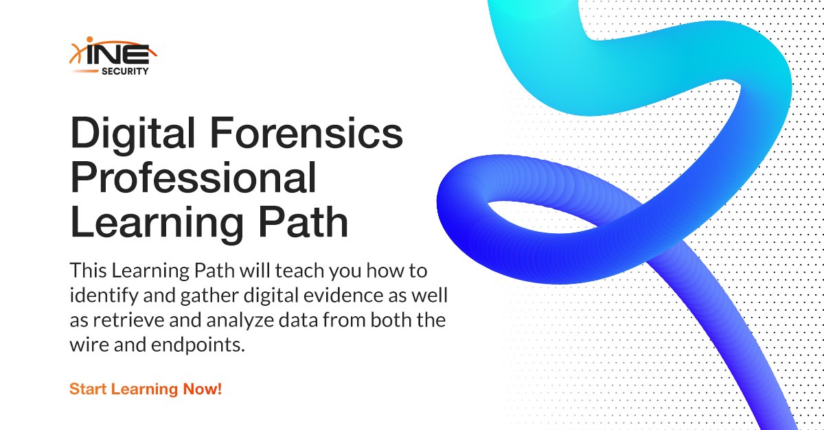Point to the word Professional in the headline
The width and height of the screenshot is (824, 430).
point(194,180)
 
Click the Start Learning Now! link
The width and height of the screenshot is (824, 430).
point(146,389)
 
